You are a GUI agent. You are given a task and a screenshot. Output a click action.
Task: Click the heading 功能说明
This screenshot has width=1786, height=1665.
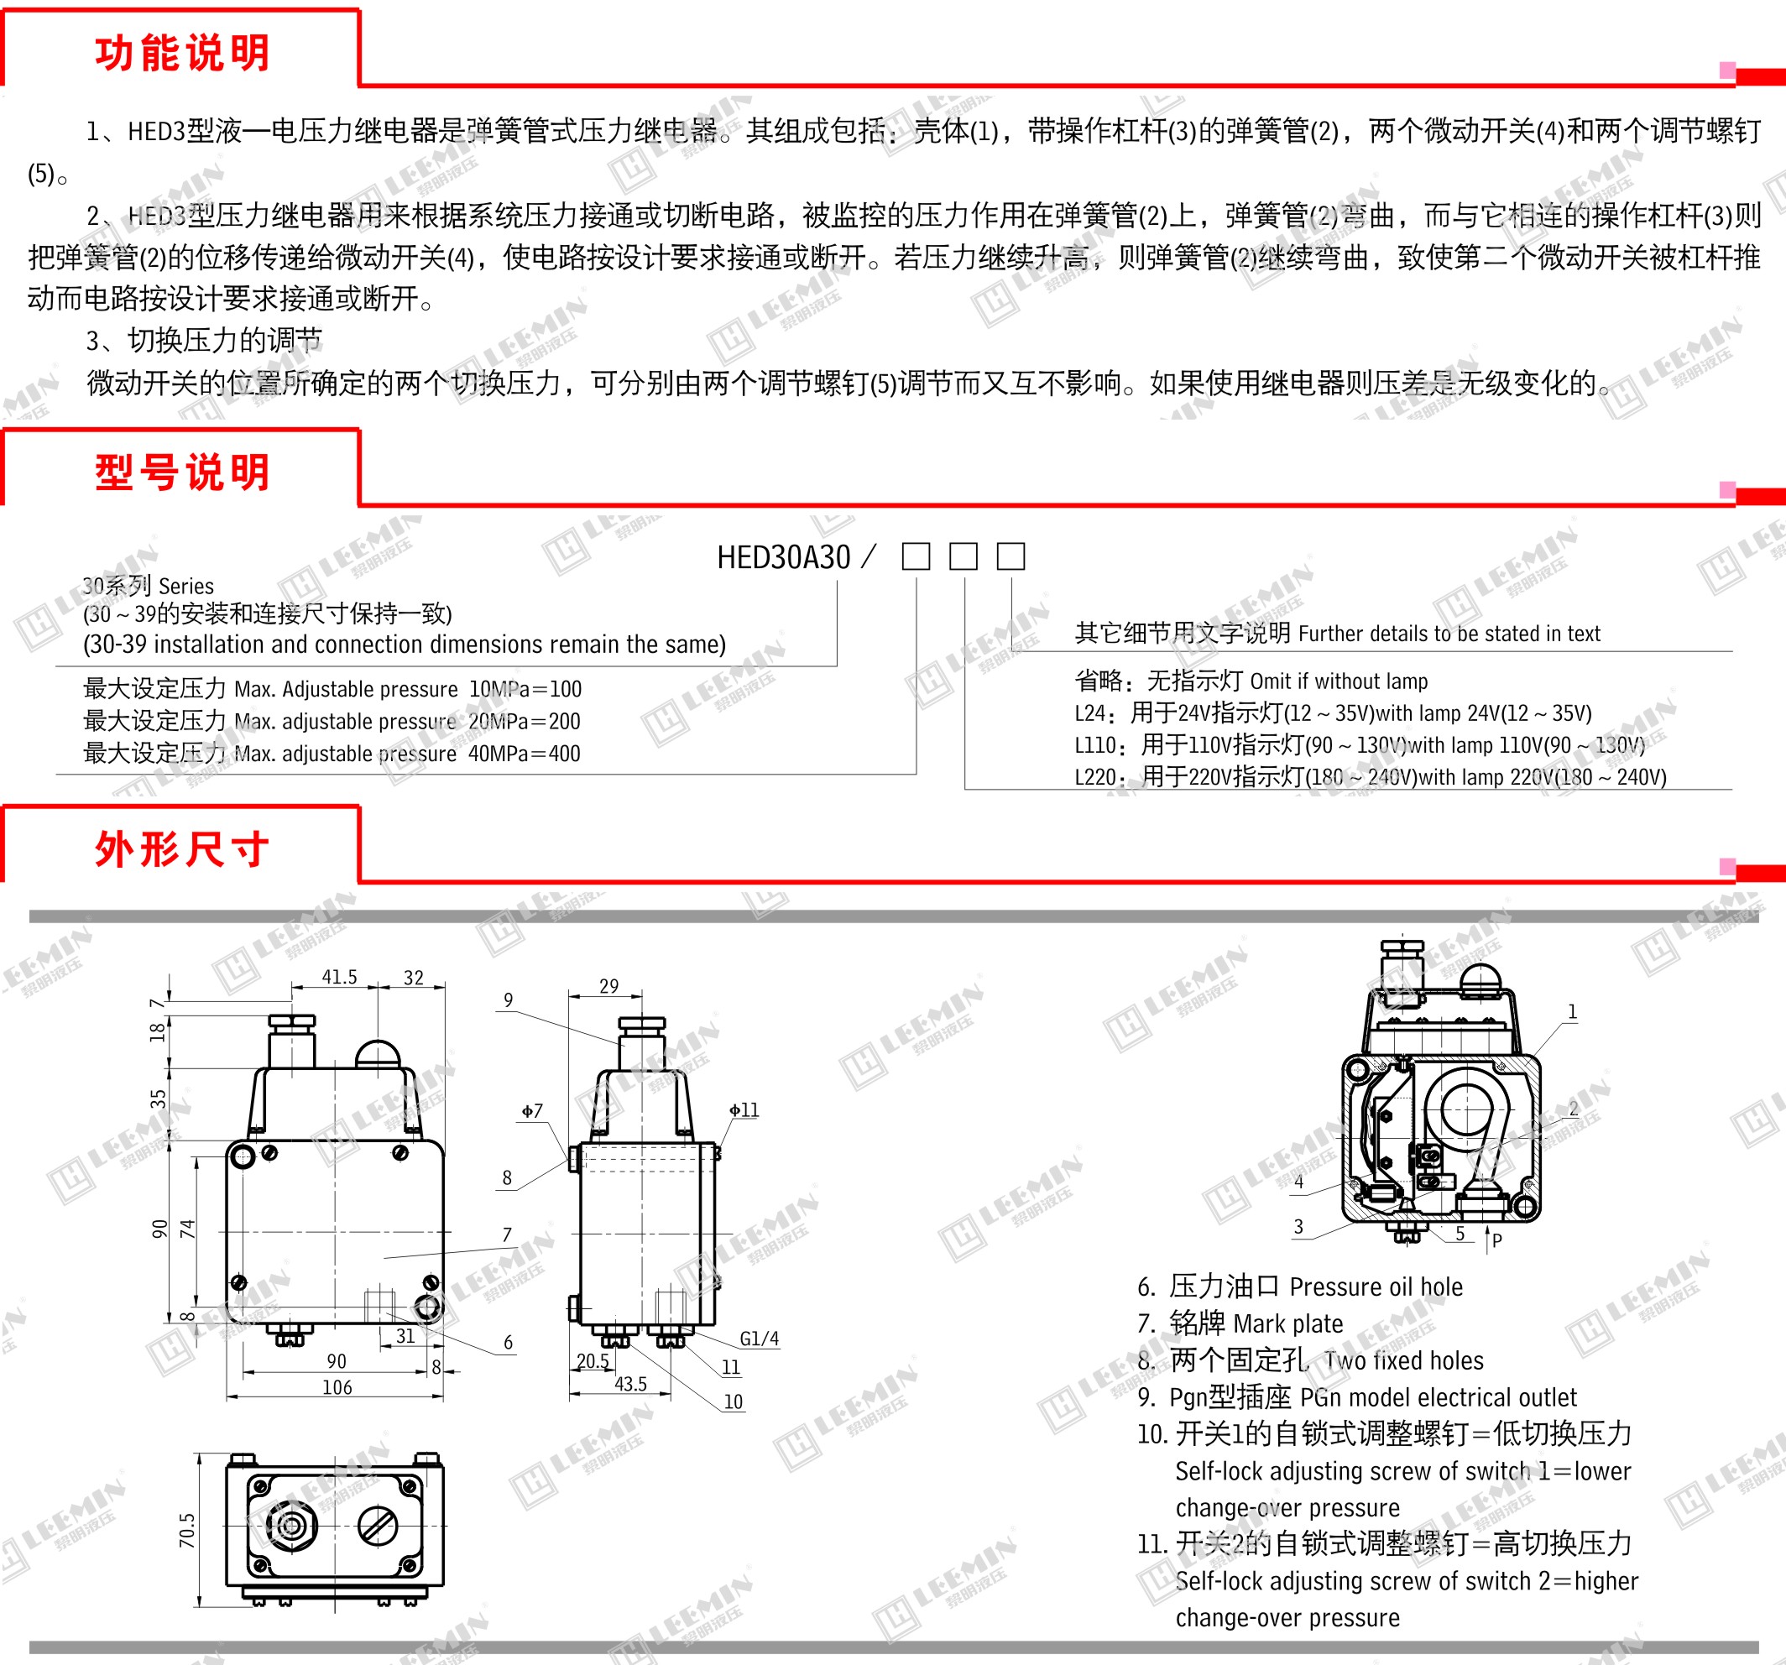tap(182, 53)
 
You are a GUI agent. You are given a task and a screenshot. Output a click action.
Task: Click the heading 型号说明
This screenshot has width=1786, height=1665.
tap(182, 472)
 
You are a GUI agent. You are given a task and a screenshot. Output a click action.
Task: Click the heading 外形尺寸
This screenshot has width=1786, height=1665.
tap(182, 849)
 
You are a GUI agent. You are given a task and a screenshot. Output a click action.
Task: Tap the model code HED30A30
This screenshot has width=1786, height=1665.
tap(783, 558)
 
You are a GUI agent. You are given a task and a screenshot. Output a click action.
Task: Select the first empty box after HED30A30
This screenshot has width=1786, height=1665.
tap(916, 556)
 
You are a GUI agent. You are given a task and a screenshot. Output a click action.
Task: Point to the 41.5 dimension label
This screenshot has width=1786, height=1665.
tap(340, 977)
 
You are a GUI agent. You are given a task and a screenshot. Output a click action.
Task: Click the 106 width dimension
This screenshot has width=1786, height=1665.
tap(337, 1387)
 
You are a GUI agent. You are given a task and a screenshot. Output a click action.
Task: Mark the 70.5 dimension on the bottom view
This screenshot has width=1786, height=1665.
tap(187, 1531)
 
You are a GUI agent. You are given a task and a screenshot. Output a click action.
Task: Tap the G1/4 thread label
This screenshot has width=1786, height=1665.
tap(760, 1339)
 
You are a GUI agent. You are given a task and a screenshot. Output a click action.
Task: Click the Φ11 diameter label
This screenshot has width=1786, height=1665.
tap(744, 1110)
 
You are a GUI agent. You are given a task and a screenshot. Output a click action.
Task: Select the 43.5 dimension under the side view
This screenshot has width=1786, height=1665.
tap(630, 1384)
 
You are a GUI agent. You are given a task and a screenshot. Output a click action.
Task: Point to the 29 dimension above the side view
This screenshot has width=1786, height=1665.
tap(609, 986)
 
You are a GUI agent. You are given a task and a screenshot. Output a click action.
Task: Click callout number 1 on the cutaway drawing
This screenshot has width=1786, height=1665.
tap(1572, 1012)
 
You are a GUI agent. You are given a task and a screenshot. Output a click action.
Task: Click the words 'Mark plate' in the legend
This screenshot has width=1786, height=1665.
tap(1288, 1323)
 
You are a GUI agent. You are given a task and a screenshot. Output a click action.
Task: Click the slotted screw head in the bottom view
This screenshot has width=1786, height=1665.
tap(379, 1526)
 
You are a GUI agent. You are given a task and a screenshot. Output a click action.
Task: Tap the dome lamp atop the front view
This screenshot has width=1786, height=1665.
tap(379, 1054)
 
